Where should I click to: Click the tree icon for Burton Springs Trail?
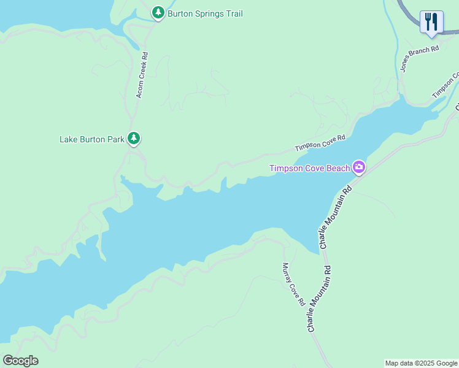[x=158, y=12]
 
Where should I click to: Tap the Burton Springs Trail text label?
[x=204, y=13]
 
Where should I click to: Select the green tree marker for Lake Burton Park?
[x=134, y=139]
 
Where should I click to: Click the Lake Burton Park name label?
[x=91, y=139]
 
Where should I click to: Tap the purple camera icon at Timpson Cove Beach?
[x=359, y=167]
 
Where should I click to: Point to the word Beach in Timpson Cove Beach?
[x=337, y=168]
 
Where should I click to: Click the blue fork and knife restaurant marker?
[x=432, y=22]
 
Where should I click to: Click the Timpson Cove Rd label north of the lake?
[x=320, y=144]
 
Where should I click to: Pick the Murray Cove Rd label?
[x=293, y=284]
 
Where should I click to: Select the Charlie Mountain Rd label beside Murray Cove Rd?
[x=320, y=299]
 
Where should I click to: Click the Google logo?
[x=20, y=361]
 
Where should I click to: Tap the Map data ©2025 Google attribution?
[x=421, y=363]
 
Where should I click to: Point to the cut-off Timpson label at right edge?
[x=445, y=86]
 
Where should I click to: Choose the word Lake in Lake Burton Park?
[x=68, y=139]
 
